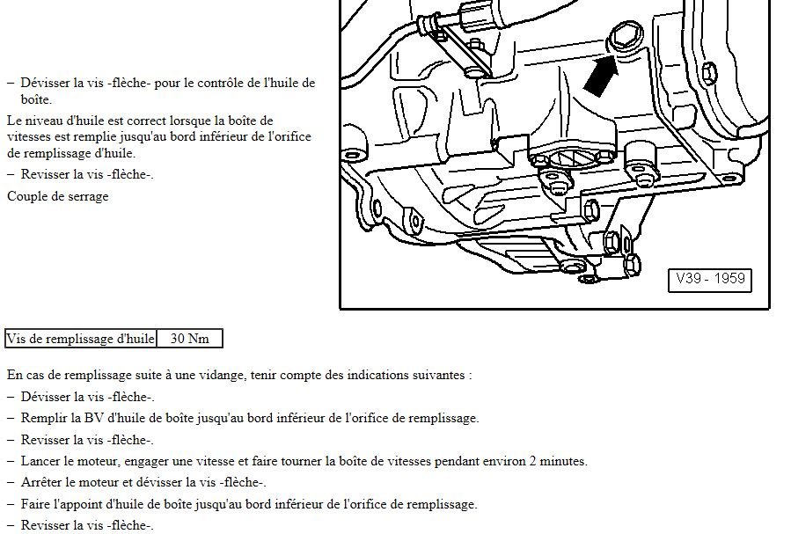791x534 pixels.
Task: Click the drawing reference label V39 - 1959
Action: [710, 279]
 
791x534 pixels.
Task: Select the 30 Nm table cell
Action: [189, 339]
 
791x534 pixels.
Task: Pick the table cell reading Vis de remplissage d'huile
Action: [80, 339]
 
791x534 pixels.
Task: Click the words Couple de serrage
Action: [58, 196]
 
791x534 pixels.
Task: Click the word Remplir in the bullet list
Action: [45, 418]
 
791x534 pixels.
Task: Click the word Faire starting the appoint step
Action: [37, 504]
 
